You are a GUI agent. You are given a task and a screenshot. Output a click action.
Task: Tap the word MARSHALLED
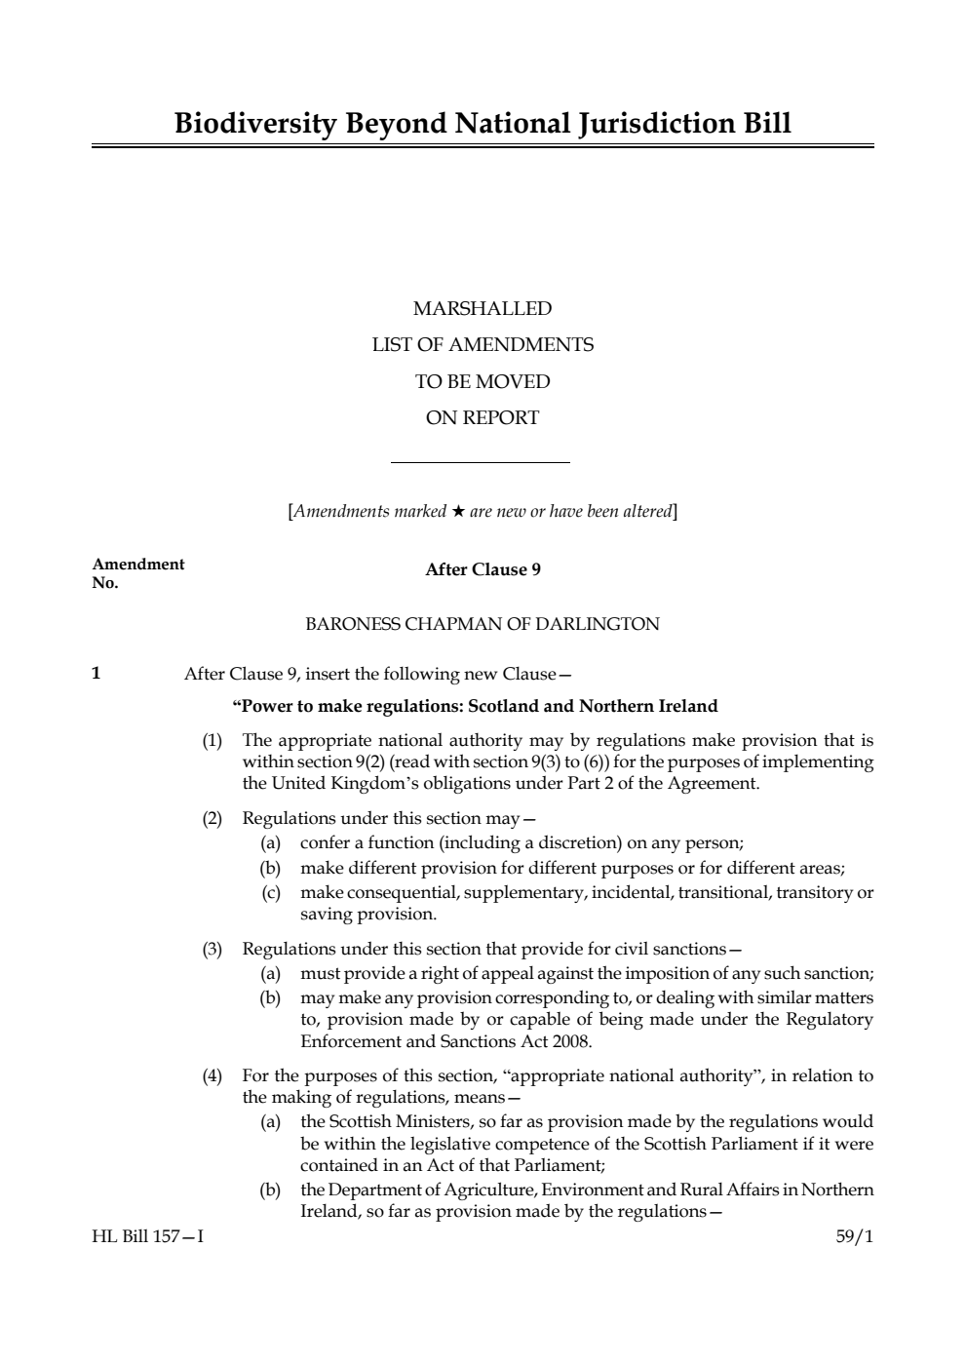[x=483, y=309]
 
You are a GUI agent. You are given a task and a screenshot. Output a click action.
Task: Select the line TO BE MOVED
[x=483, y=381]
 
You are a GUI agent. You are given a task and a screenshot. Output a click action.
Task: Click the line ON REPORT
[x=483, y=418]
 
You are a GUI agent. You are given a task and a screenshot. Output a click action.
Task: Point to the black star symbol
[x=458, y=511]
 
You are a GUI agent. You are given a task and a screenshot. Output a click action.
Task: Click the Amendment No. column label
[x=137, y=573]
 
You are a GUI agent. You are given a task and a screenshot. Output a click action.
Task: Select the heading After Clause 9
[x=483, y=569]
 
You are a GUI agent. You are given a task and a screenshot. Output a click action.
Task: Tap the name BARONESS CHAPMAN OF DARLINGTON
[x=483, y=624]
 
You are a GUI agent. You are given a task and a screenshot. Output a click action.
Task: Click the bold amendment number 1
[x=96, y=673]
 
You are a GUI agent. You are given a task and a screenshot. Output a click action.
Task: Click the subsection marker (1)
[x=213, y=740]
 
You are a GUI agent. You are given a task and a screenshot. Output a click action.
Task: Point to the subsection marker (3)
[x=213, y=949]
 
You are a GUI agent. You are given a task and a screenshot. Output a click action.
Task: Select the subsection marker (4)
[x=213, y=1075]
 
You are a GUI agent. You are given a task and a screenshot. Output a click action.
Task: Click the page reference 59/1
[x=855, y=1237]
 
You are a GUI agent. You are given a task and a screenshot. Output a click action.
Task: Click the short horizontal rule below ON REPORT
[x=480, y=462]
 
